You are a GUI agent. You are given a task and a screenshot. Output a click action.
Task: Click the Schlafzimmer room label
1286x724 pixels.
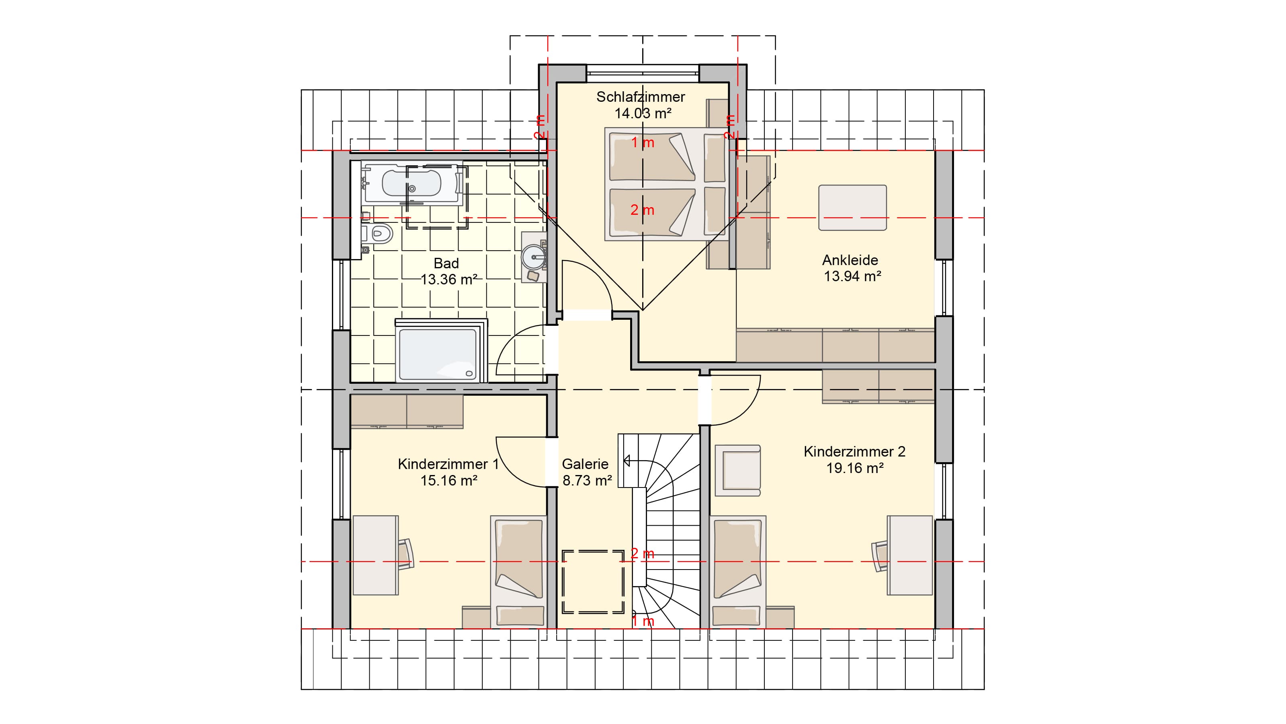641,97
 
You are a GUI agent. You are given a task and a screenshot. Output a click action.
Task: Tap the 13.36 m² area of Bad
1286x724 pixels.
449,279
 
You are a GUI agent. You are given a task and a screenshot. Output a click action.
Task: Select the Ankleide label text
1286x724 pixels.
850,260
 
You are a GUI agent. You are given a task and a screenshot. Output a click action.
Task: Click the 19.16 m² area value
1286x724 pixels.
855,468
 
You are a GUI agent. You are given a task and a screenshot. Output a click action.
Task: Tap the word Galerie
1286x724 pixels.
585,464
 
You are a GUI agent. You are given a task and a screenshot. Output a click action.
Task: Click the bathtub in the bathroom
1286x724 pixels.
412,183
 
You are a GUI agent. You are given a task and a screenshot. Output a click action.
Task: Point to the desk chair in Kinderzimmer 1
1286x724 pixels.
406,554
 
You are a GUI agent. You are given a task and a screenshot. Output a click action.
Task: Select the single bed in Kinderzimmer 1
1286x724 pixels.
518,572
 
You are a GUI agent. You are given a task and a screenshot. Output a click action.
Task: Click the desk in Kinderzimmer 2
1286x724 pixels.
909,555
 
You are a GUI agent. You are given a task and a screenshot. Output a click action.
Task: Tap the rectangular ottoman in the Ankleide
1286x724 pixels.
852,208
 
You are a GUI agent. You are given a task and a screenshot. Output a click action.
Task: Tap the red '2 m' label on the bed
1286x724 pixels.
642,210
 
